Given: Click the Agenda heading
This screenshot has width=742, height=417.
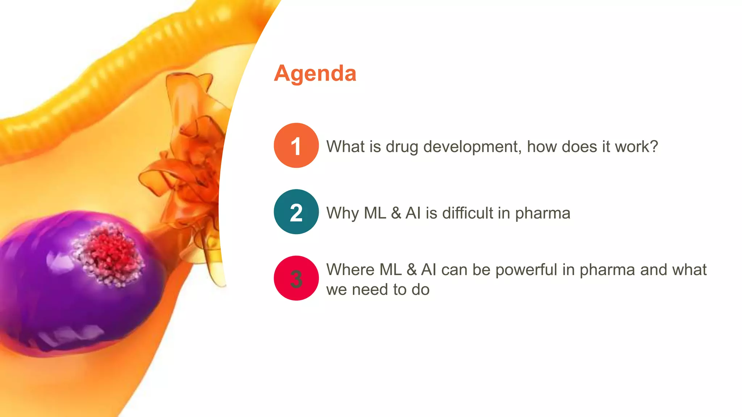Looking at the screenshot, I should (315, 73).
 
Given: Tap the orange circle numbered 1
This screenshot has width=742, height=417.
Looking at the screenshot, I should (296, 146).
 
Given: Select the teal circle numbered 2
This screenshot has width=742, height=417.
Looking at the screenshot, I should (296, 212).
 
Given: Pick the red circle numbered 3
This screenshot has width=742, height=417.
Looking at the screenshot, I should (296, 278).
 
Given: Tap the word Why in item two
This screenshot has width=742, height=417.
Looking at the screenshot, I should (342, 213).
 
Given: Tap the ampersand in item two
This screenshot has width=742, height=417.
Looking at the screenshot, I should (396, 213).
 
